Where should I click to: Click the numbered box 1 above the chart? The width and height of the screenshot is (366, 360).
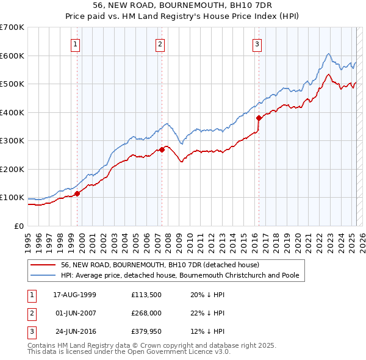click(75, 44)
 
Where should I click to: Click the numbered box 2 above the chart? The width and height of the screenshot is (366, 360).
click(160, 44)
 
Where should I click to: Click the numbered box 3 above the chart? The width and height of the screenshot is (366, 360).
click(257, 44)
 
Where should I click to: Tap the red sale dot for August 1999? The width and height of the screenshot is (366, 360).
click(77, 194)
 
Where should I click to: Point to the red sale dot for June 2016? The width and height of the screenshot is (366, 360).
click(259, 118)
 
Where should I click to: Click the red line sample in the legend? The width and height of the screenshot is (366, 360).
click(43, 265)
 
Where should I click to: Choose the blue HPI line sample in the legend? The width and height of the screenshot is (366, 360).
click(43, 275)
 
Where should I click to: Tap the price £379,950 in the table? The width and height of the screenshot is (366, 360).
click(145, 333)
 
